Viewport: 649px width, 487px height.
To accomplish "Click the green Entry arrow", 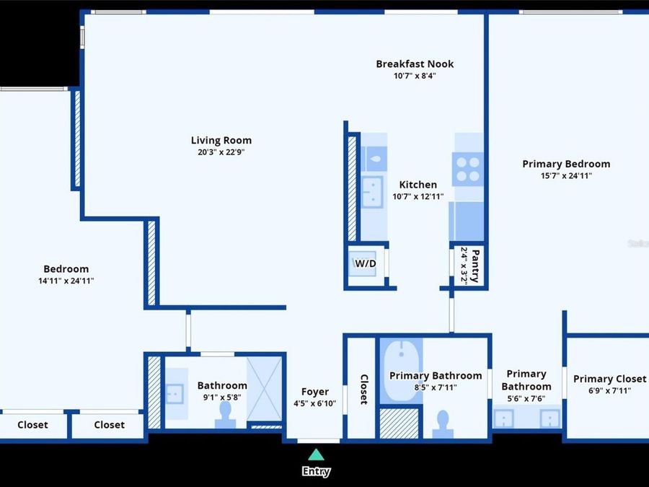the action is (317, 455).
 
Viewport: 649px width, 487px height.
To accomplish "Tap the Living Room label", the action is (221, 141).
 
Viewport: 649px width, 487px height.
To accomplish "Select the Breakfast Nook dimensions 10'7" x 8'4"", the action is (415, 76).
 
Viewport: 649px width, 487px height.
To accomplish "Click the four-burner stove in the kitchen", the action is (468, 169).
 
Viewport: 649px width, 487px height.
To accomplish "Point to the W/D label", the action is (366, 263).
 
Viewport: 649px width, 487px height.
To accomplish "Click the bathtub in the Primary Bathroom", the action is (401, 371).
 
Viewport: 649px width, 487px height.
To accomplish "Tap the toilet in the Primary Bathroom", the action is (443, 424).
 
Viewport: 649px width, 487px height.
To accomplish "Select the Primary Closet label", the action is (609, 379).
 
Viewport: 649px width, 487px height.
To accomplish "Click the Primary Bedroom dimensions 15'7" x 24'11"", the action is (566, 175).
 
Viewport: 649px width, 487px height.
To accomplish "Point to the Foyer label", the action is (315, 392).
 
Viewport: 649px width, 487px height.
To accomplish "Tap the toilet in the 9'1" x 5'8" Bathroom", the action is (225, 415).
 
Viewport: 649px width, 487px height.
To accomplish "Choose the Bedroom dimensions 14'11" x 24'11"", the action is (66, 281).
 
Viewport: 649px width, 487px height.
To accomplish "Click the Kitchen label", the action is (418, 185).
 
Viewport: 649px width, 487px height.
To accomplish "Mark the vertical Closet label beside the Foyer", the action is (364, 390).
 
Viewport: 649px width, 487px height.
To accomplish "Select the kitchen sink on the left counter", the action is (373, 192).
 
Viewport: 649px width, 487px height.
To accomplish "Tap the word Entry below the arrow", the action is (317, 471).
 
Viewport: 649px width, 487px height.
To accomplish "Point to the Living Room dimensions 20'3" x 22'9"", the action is (221, 152).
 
